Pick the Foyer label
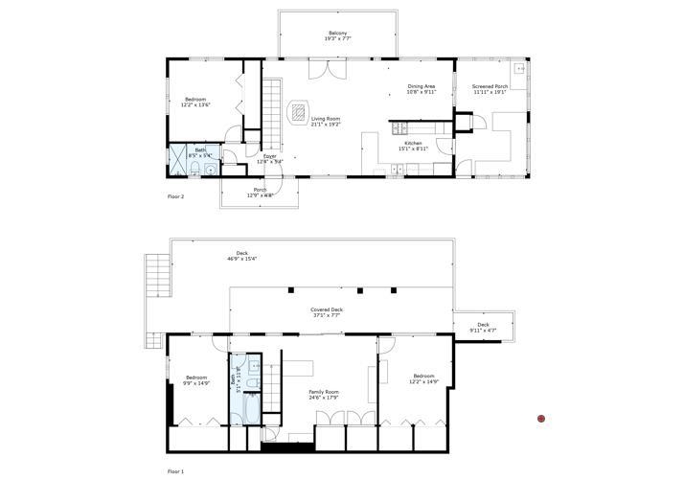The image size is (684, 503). (269, 158)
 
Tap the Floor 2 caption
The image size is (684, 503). (175, 196)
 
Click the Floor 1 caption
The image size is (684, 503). (175, 471)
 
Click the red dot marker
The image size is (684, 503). (541, 419)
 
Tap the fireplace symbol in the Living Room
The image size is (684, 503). (299, 108)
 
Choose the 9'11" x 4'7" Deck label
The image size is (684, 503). (483, 328)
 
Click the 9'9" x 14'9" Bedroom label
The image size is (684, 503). (196, 379)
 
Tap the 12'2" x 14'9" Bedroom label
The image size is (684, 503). (424, 377)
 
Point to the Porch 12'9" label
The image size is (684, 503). (260, 193)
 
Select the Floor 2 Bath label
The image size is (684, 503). (200, 151)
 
